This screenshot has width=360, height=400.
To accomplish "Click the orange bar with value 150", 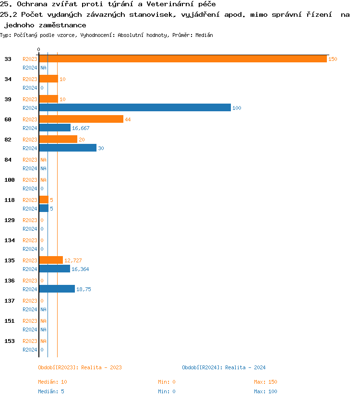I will [182, 59].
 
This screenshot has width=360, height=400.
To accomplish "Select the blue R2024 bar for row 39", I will [134, 108].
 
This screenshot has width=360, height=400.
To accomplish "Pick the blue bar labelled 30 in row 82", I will [67, 148].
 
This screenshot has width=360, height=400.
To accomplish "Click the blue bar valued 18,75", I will [57, 289].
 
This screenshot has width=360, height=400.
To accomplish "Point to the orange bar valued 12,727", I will [50, 260].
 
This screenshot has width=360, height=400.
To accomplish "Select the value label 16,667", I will [81, 128].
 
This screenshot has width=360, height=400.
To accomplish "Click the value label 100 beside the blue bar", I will [237, 108].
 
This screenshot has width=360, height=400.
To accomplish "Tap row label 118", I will [10, 200].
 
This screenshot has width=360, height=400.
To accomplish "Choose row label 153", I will [10, 341].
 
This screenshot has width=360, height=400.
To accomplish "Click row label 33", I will [8, 59].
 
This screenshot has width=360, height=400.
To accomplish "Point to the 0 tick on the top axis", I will [38, 49].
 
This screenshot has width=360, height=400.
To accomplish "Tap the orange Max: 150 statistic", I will [265, 382].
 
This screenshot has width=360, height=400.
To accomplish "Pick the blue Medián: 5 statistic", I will [51, 391].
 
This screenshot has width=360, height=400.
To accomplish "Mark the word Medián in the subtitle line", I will [204, 35].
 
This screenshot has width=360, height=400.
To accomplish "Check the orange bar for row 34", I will [48, 79].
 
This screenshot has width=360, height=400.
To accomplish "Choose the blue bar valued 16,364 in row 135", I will [54, 269].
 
